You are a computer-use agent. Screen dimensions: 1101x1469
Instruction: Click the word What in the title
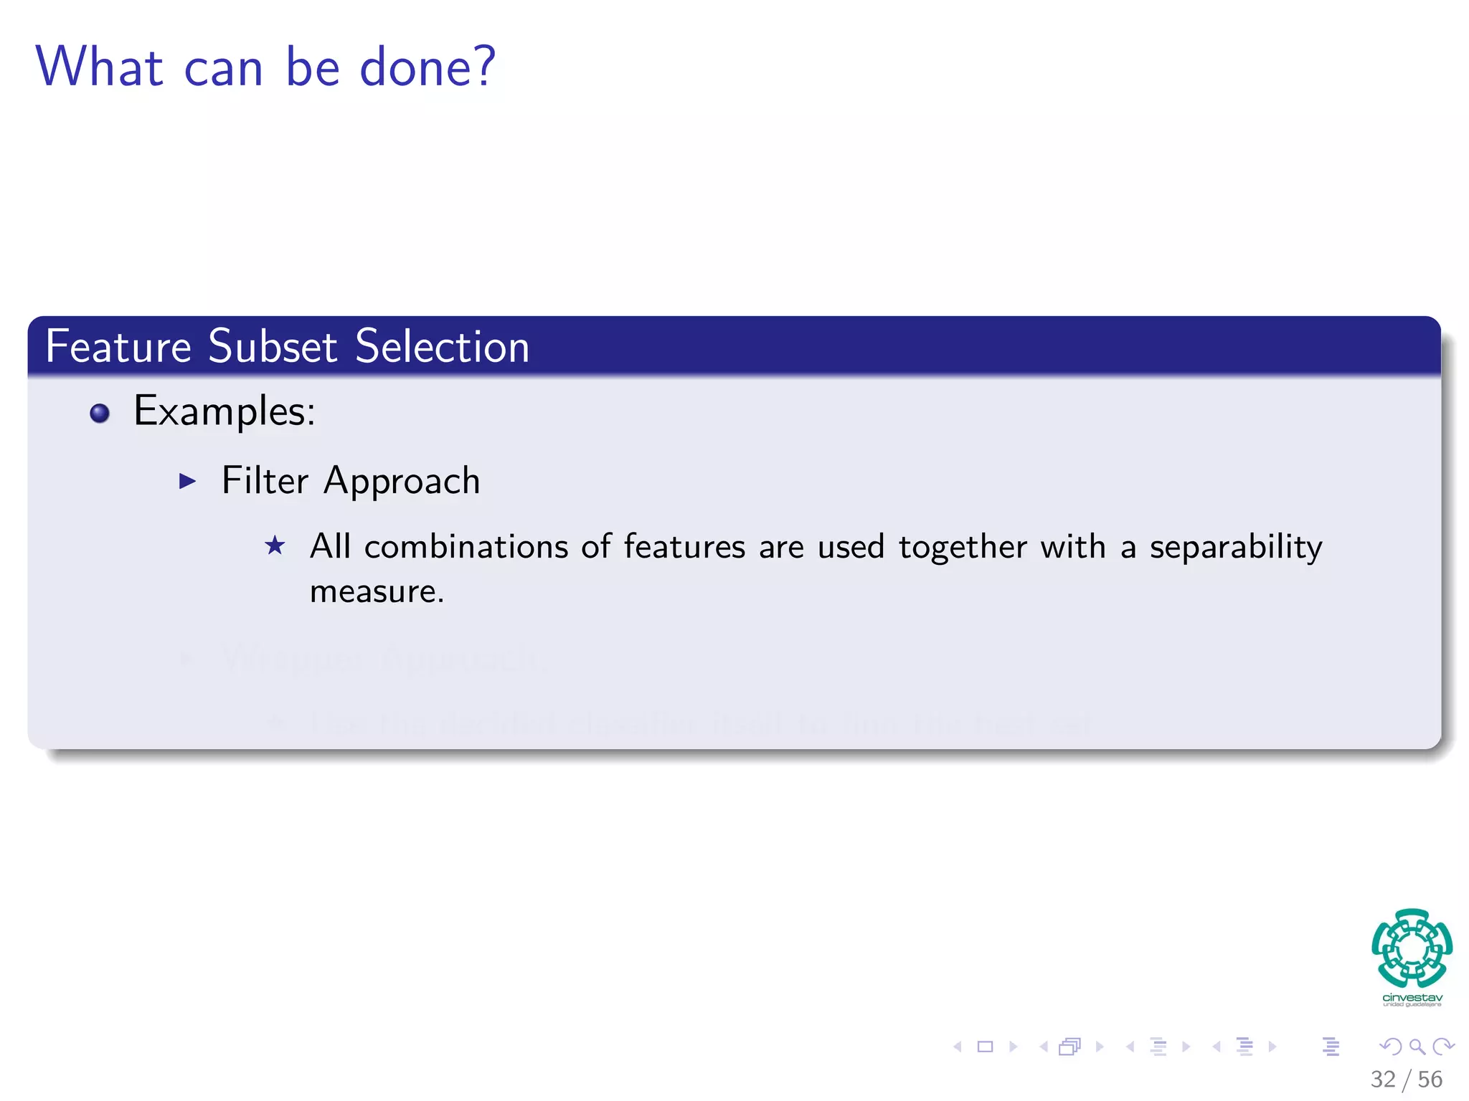coord(100,67)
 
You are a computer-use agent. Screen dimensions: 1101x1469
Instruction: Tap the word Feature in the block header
coord(118,346)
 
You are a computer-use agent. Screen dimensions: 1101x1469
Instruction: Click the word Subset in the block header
coord(273,346)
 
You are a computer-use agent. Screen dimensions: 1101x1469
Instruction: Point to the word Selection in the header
coord(442,346)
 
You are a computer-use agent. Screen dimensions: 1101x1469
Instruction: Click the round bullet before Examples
coord(100,414)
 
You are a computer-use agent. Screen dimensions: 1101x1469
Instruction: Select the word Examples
coord(224,412)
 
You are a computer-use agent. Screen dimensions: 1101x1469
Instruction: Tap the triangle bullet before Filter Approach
coord(187,481)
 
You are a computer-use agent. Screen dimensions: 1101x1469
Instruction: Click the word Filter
coord(265,480)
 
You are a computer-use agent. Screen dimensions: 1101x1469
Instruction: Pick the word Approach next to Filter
coord(402,482)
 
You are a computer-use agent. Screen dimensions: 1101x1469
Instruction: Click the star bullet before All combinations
coord(275,546)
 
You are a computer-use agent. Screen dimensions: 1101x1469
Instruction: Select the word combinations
coord(466,547)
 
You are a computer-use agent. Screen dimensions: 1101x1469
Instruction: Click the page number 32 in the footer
coord(1382,1079)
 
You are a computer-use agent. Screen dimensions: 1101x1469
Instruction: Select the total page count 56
coord(1430,1079)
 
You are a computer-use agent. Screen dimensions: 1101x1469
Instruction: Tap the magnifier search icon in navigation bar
coord(1417,1047)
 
